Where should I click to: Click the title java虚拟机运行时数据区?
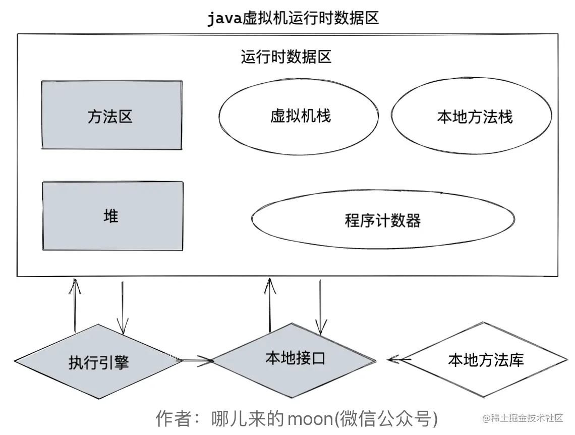(x=293, y=19)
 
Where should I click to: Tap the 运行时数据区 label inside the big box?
(x=286, y=57)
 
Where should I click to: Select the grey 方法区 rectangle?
(x=111, y=115)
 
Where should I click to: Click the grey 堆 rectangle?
(x=112, y=216)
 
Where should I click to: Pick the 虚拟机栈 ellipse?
(x=299, y=116)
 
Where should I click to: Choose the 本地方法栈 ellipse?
(x=475, y=117)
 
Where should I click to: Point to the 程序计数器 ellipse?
(x=383, y=220)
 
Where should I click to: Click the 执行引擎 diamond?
(x=98, y=362)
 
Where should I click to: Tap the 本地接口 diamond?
(x=295, y=358)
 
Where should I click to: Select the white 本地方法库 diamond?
(x=485, y=360)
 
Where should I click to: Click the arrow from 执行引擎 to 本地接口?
(x=197, y=360)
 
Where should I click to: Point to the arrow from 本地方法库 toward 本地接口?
(x=399, y=359)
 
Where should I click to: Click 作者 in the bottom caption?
(x=172, y=418)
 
